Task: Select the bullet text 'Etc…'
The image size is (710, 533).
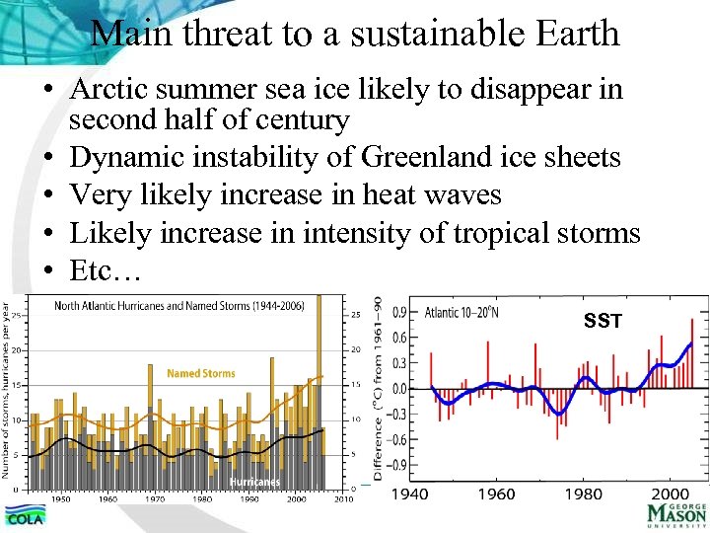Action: click(106, 271)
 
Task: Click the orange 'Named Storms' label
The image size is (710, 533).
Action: click(200, 374)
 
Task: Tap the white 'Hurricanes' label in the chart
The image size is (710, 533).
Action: click(254, 482)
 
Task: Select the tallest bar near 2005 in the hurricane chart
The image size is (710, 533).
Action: click(319, 395)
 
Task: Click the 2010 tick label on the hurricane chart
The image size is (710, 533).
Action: click(343, 498)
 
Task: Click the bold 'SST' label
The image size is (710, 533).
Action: click(603, 321)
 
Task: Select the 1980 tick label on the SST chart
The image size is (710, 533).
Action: click(586, 494)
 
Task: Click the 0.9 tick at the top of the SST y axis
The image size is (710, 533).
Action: click(400, 312)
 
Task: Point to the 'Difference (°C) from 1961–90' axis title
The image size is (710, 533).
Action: click(377, 395)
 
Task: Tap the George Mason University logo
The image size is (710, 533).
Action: click(676, 514)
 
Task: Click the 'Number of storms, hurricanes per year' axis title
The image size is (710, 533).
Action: click(7, 395)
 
